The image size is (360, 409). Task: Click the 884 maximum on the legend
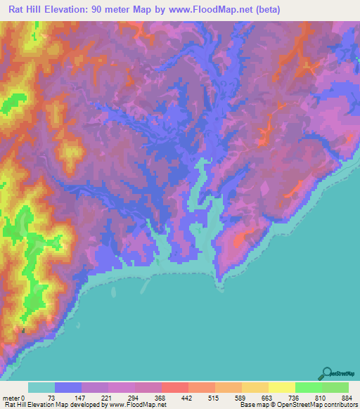(x=348, y=397)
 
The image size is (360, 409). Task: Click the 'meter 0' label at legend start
(x=13, y=397)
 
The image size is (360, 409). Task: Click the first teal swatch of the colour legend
(x=41, y=387)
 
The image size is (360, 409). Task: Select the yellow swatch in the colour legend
(x=282, y=387)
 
